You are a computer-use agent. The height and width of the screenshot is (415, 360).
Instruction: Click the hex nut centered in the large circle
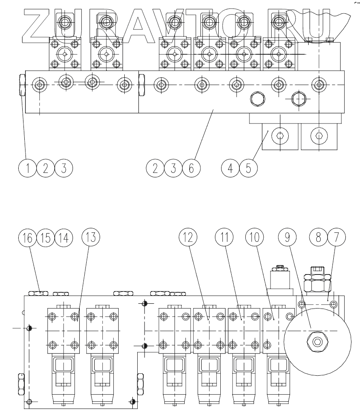pyautogui.click(x=317, y=343)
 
